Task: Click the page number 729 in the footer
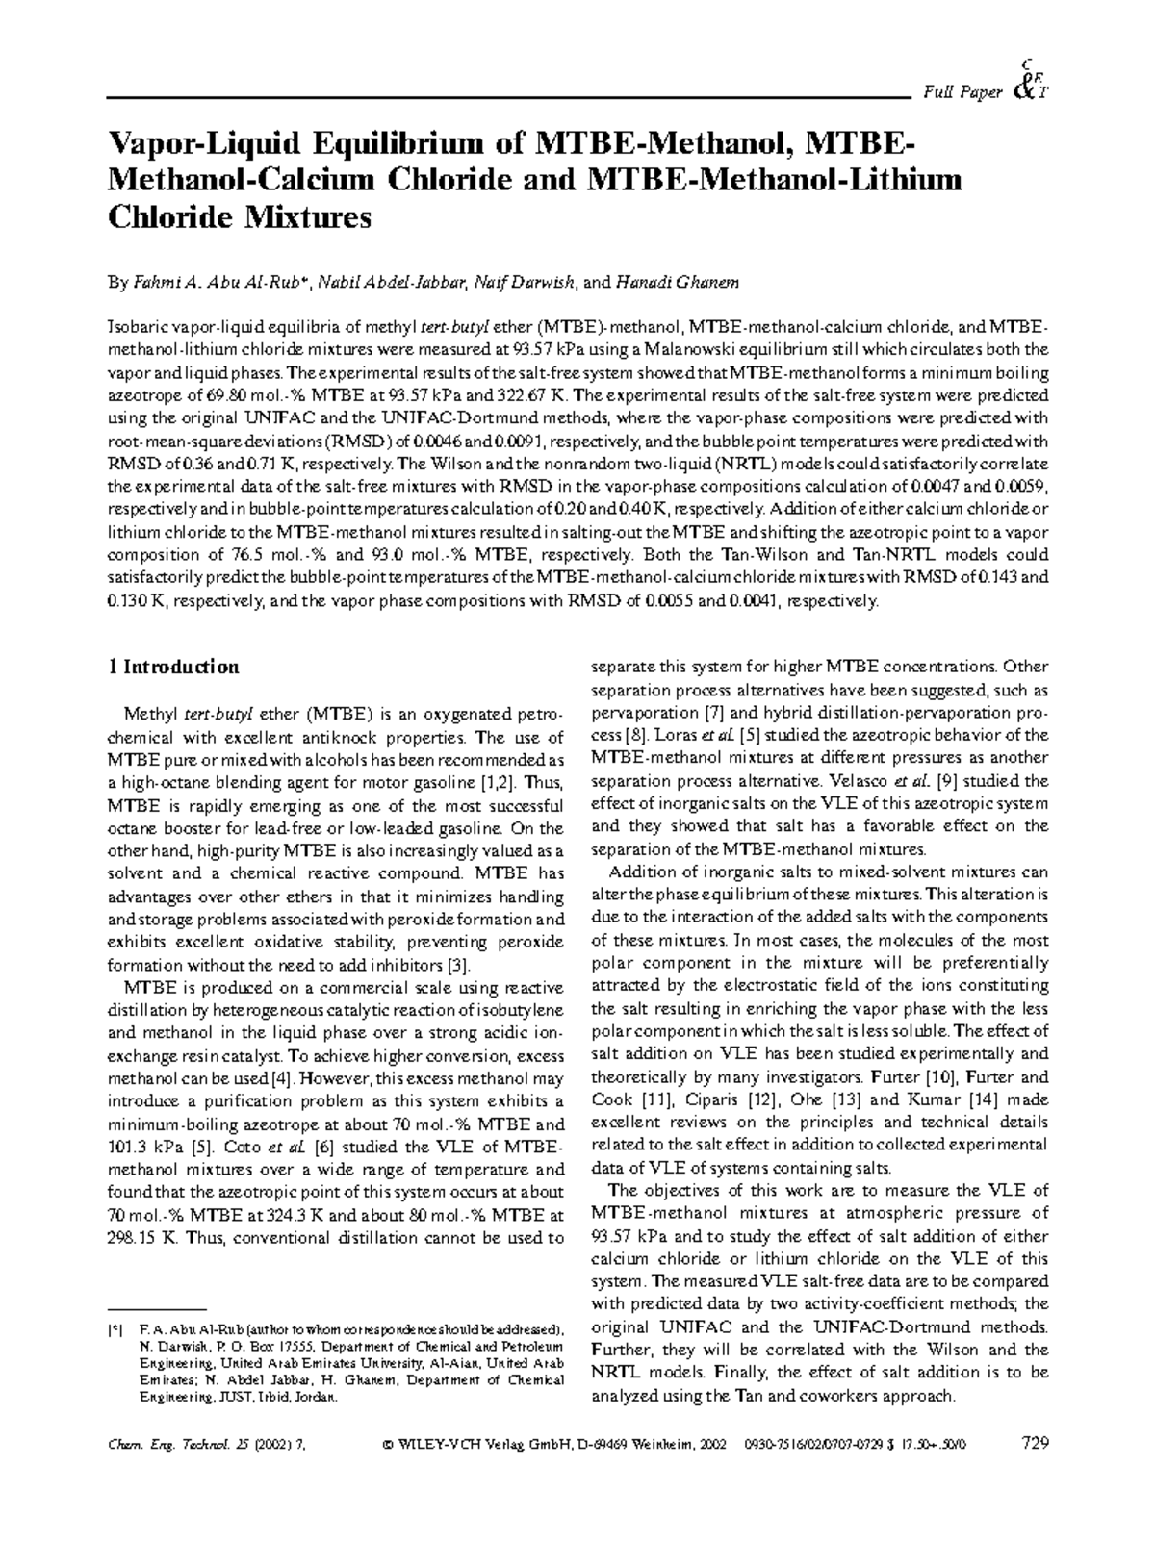pyautogui.click(x=1032, y=1444)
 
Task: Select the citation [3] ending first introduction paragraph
pyautogui.click(x=459, y=966)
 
